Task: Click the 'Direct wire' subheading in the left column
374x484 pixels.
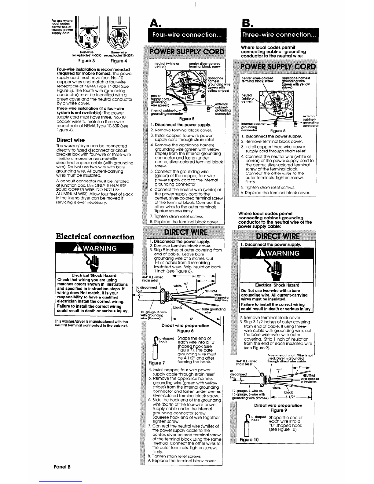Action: [x=70, y=140]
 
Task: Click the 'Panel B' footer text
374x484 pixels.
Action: [x=63, y=467]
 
